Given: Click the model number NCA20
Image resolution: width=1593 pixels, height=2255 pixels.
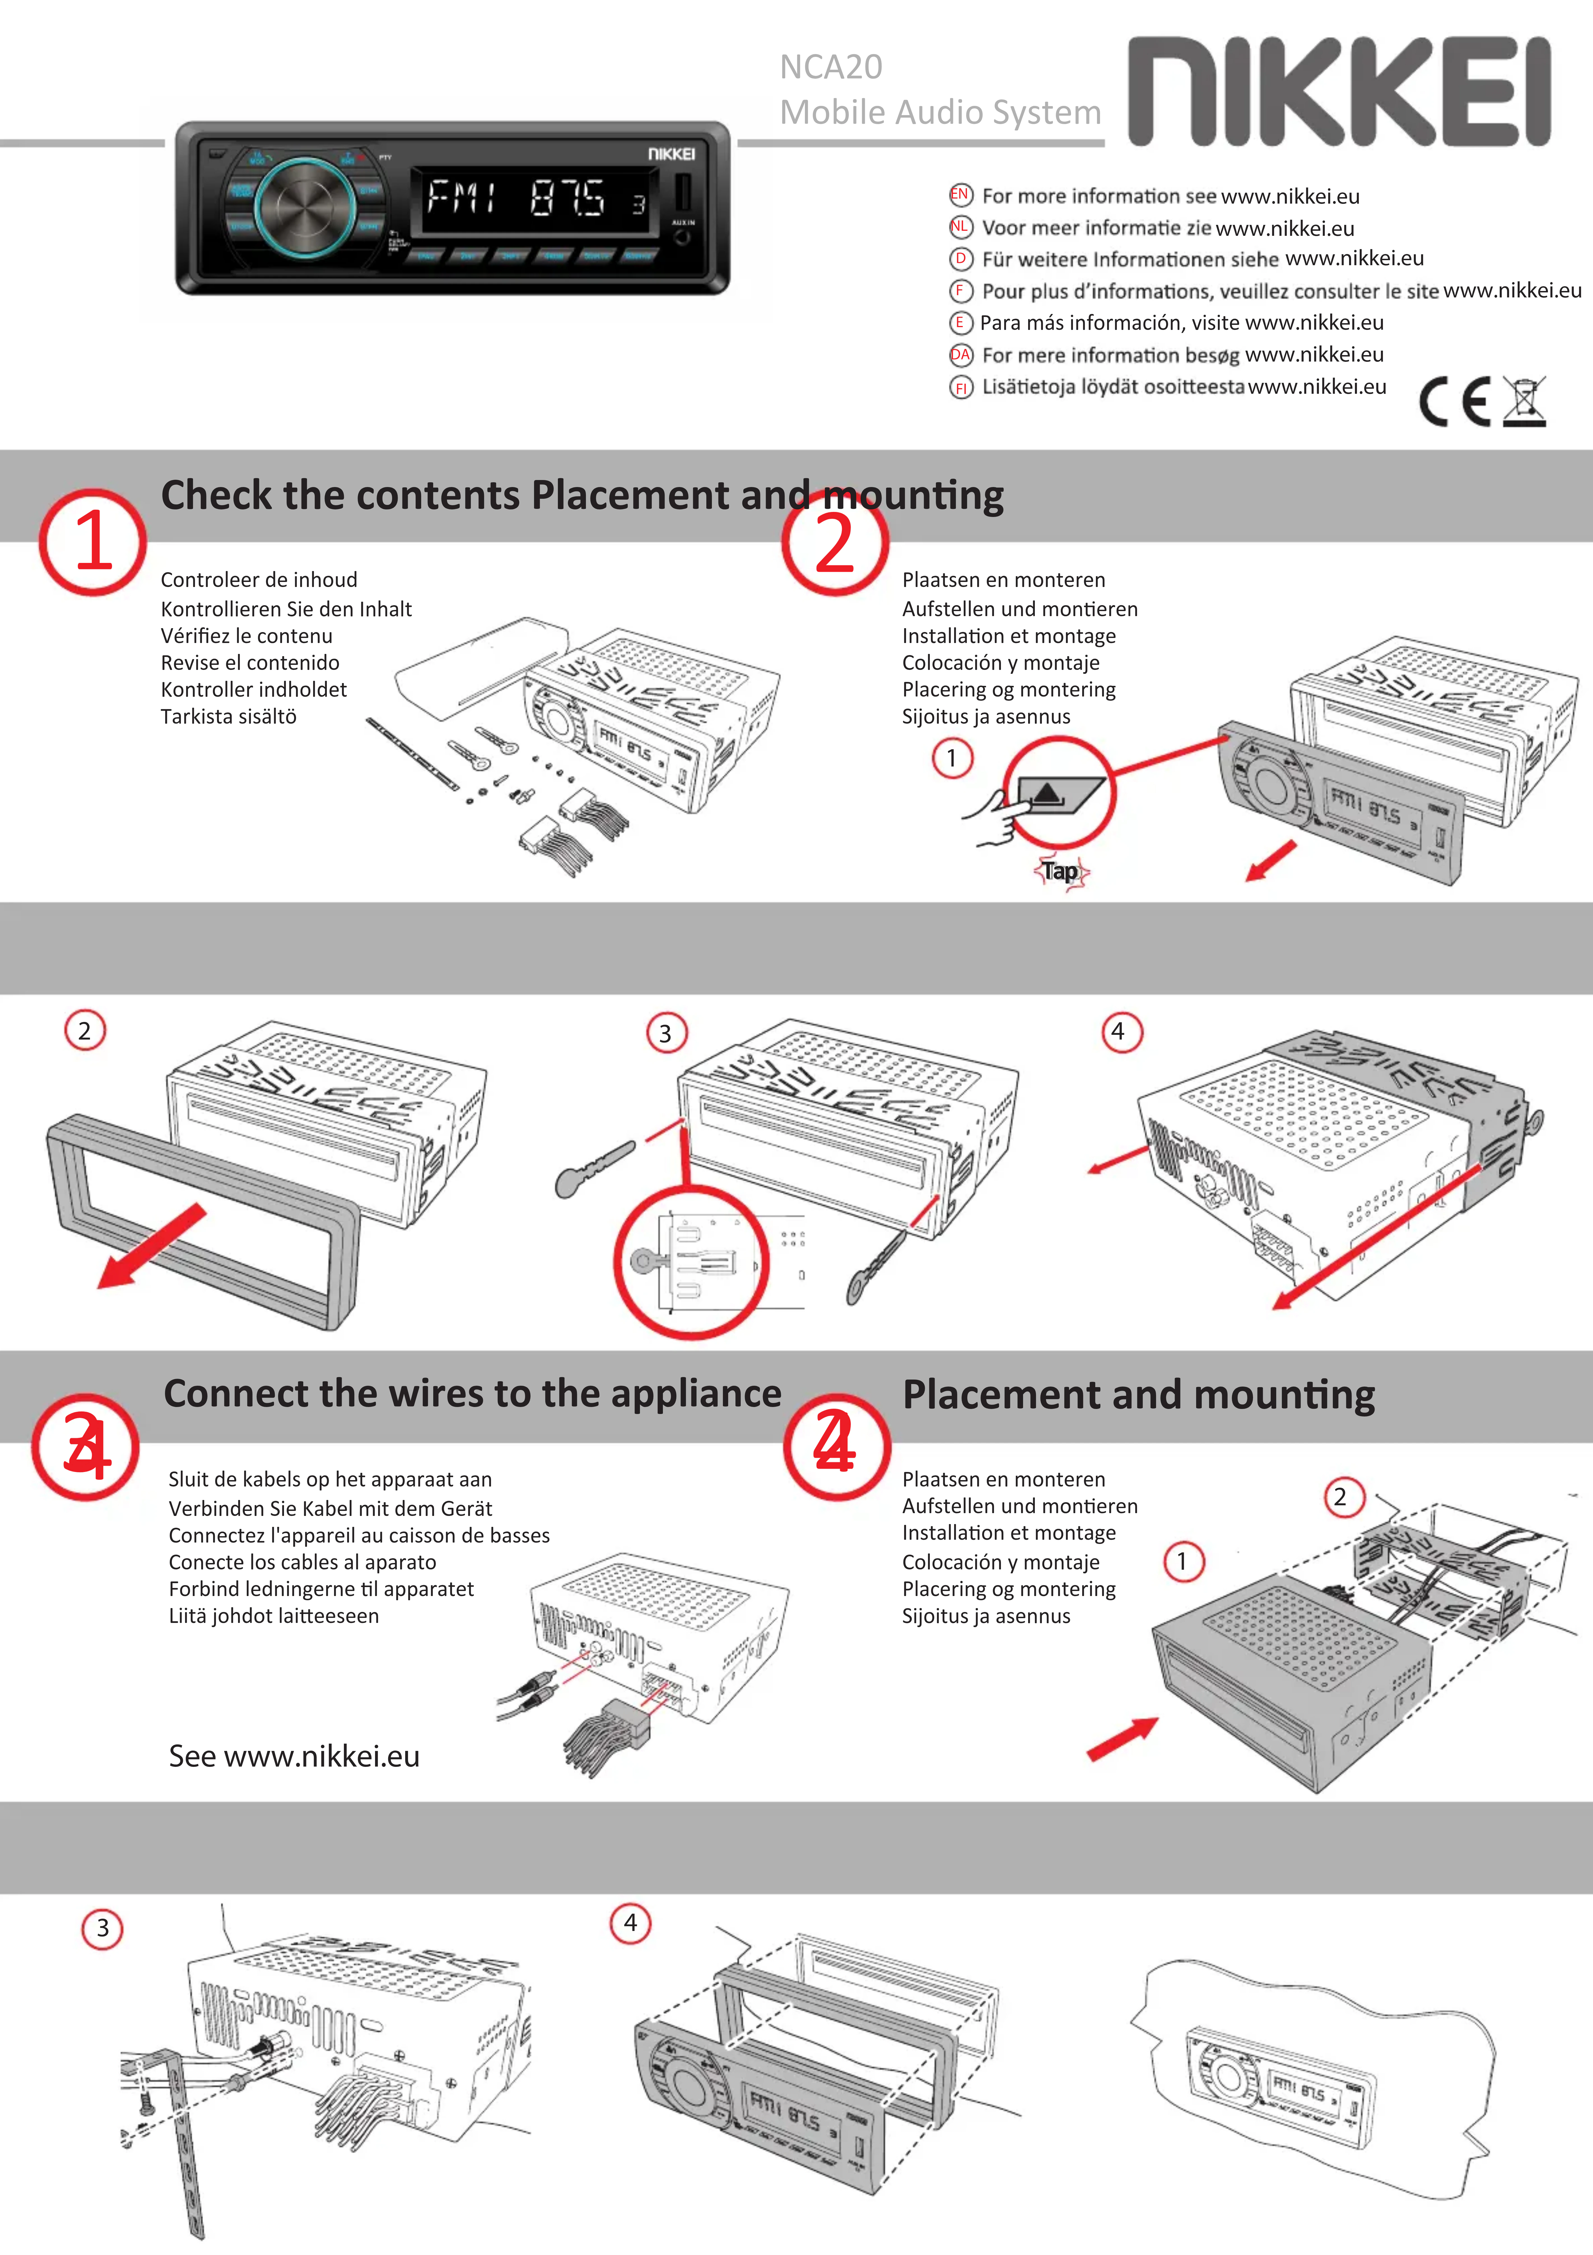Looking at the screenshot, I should (831, 67).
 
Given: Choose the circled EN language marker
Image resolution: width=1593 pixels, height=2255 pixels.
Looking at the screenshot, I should (959, 194).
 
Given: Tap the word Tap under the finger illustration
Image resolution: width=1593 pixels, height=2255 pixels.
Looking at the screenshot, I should (1061, 871).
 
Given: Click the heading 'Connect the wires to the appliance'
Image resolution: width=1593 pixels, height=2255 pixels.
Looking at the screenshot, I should (472, 1394).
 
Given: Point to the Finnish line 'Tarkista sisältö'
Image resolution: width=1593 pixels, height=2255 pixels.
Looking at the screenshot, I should (229, 717).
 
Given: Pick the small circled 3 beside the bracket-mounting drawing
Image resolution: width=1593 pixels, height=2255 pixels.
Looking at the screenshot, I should (102, 1928).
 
